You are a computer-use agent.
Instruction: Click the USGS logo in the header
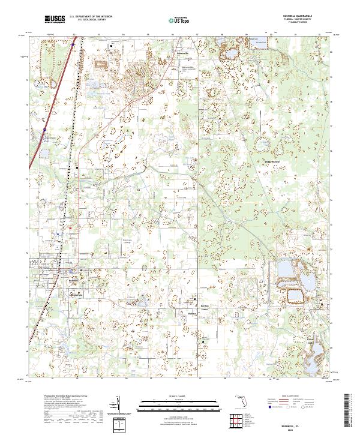pyautogui.click(x=55, y=20)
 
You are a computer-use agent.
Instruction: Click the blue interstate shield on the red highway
pyautogui.click(x=44, y=128)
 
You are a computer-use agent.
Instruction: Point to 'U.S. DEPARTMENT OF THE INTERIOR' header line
pyautogui.click(x=90, y=17)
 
